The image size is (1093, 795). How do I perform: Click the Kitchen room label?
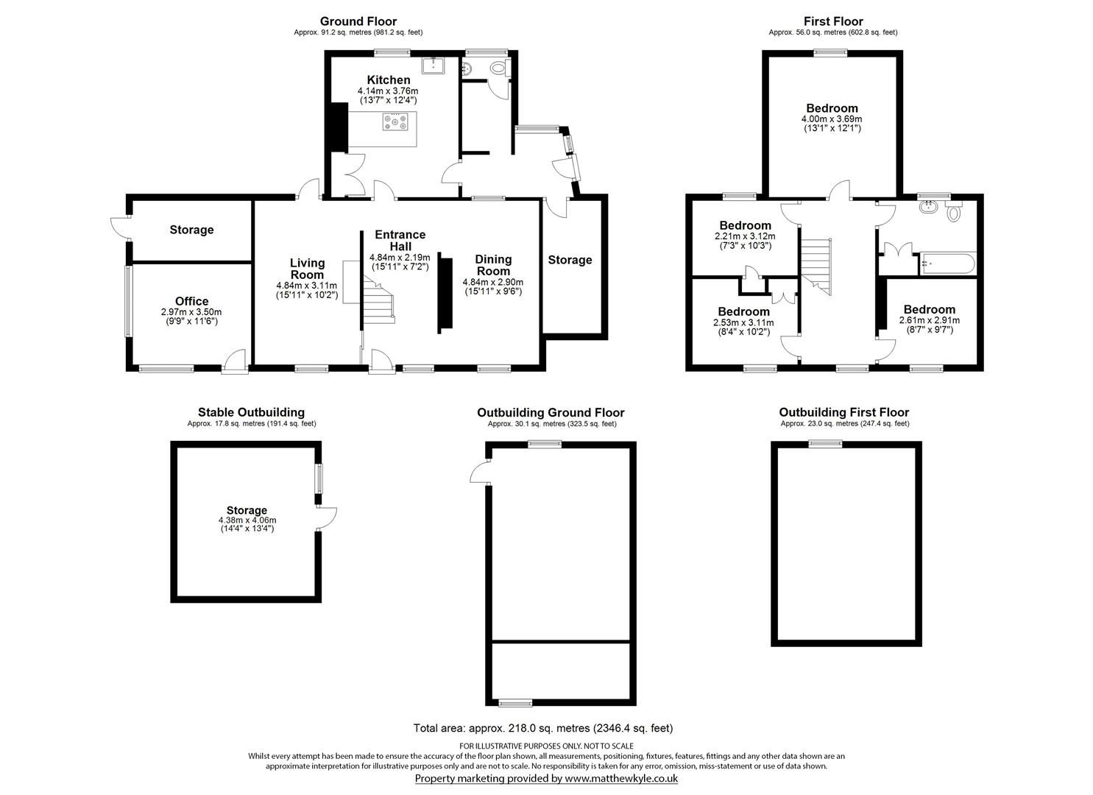(389, 79)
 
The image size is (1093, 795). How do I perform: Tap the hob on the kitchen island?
(397, 122)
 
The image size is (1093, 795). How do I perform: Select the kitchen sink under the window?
(434, 66)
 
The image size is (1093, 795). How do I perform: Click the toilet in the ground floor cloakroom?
(498, 69)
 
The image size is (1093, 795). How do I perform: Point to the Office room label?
(191, 301)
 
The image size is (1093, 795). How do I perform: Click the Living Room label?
(307, 269)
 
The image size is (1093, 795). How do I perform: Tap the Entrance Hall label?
(400, 240)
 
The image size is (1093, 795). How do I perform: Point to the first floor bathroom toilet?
(955, 213)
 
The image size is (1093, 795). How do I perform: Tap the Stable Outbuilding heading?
(251, 412)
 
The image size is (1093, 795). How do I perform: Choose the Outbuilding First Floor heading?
(843, 412)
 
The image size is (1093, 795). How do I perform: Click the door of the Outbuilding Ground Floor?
(479, 472)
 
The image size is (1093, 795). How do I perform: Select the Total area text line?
(542, 728)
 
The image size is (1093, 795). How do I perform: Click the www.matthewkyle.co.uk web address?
(621, 778)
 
